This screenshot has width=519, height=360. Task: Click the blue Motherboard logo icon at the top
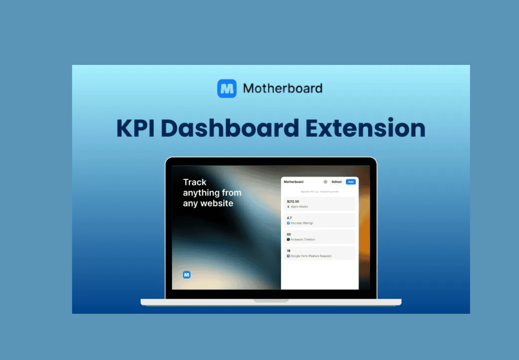(227, 88)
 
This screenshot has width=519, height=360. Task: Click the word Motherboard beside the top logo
(283, 88)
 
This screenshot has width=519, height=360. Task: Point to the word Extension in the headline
(365, 128)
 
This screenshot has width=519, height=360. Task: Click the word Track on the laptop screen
(195, 182)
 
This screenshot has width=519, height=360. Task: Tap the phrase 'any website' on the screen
(208, 203)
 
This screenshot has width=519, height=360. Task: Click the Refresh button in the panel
(337, 182)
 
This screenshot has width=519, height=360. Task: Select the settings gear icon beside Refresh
(325, 182)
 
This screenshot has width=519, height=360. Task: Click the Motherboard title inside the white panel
(294, 182)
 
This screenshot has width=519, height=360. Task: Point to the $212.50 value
(293, 201)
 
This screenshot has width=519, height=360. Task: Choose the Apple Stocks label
(299, 207)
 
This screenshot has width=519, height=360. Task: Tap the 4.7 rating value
(289, 218)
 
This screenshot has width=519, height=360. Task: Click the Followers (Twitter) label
(302, 240)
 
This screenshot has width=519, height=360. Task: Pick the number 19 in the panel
(288, 251)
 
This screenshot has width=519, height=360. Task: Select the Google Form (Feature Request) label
(311, 256)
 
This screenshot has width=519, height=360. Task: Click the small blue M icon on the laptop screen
(187, 274)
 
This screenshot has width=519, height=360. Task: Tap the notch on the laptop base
(271, 300)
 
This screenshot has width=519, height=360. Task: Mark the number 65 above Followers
(289, 234)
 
